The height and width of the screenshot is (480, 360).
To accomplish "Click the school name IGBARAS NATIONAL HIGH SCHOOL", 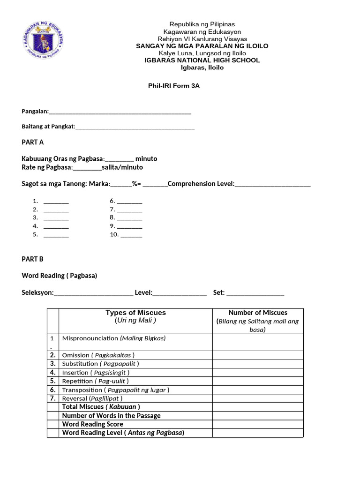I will [202, 60].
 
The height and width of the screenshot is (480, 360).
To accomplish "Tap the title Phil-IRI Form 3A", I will [174, 86].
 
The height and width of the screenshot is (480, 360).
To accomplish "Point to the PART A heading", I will [33, 142].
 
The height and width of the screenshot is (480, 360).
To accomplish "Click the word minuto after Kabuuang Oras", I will [146, 159].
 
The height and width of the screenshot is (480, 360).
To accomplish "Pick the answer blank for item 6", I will [130, 202].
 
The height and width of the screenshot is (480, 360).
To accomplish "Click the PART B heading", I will [33, 259].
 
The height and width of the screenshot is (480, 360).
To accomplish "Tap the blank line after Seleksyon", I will [94, 294].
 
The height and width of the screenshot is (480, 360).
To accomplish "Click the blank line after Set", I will [255, 294].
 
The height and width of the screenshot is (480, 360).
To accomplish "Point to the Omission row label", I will [98, 355].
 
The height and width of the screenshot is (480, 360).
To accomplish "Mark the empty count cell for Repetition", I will [258, 381].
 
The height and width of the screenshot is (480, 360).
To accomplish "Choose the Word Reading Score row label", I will [93, 424].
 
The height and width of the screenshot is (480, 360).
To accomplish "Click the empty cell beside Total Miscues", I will [258, 407].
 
